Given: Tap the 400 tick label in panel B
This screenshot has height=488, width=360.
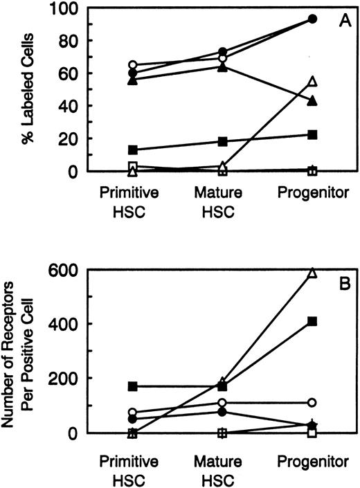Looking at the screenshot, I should pos(57,325).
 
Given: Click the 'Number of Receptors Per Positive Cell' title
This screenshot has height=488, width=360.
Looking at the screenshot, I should pos(20,352).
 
